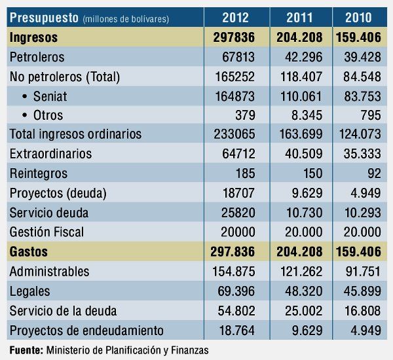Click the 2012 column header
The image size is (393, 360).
[x=235, y=18]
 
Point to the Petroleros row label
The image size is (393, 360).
[x=37, y=57]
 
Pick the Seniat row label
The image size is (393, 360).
[x=52, y=96]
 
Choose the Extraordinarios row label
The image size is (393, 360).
[x=51, y=154]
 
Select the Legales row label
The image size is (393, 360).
[x=30, y=291]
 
